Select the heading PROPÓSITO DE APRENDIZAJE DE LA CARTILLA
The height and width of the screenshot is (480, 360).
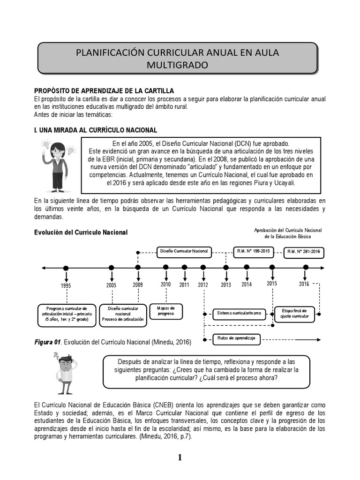click(x=104, y=90)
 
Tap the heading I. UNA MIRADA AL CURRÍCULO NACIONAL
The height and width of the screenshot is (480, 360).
click(x=96, y=129)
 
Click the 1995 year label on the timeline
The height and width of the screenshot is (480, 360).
click(x=66, y=285)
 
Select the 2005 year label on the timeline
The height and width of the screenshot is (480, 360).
click(x=111, y=285)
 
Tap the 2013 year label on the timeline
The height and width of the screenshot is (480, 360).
click(x=226, y=285)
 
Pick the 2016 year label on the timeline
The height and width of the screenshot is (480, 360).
click(x=304, y=284)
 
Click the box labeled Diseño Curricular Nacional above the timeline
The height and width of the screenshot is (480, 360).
click(x=184, y=252)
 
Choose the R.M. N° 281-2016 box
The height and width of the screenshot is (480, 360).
click(x=304, y=252)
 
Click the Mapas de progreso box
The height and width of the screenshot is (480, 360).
click(x=165, y=311)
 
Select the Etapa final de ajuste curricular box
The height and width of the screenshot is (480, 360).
click(x=294, y=313)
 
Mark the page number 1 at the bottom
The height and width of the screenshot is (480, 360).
click(x=180, y=458)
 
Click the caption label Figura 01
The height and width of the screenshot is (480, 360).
click(x=47, y=342)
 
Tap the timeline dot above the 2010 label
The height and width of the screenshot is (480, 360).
click(x=165, y=267)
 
